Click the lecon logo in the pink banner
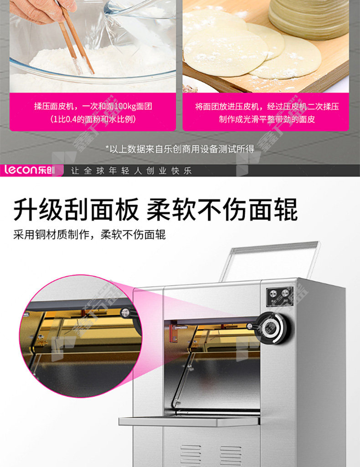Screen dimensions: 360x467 pos(29,170)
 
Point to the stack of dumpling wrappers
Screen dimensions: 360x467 pos(309,18)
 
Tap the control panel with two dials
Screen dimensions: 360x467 pos(279,296)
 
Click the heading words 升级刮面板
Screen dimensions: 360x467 pos(76,210)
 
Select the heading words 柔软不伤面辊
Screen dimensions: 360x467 pos(222,210)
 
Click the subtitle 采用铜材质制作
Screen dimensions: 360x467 pos(51,235)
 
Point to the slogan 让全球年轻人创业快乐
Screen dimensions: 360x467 pos(131,171)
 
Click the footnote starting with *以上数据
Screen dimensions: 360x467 pos(180,149)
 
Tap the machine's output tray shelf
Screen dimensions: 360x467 pos(190,421)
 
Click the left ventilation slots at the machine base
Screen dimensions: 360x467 pos(190,456)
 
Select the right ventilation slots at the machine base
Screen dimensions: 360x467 pos(231,456)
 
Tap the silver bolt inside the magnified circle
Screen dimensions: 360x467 pos(125,312)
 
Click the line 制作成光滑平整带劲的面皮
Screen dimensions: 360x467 pos(267,119)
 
